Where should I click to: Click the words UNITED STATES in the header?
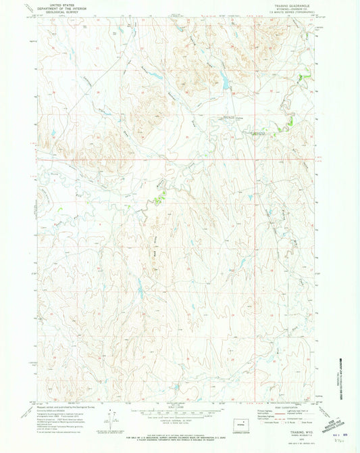(x=58, y=5)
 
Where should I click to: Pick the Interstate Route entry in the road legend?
(x=265, y=422)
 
